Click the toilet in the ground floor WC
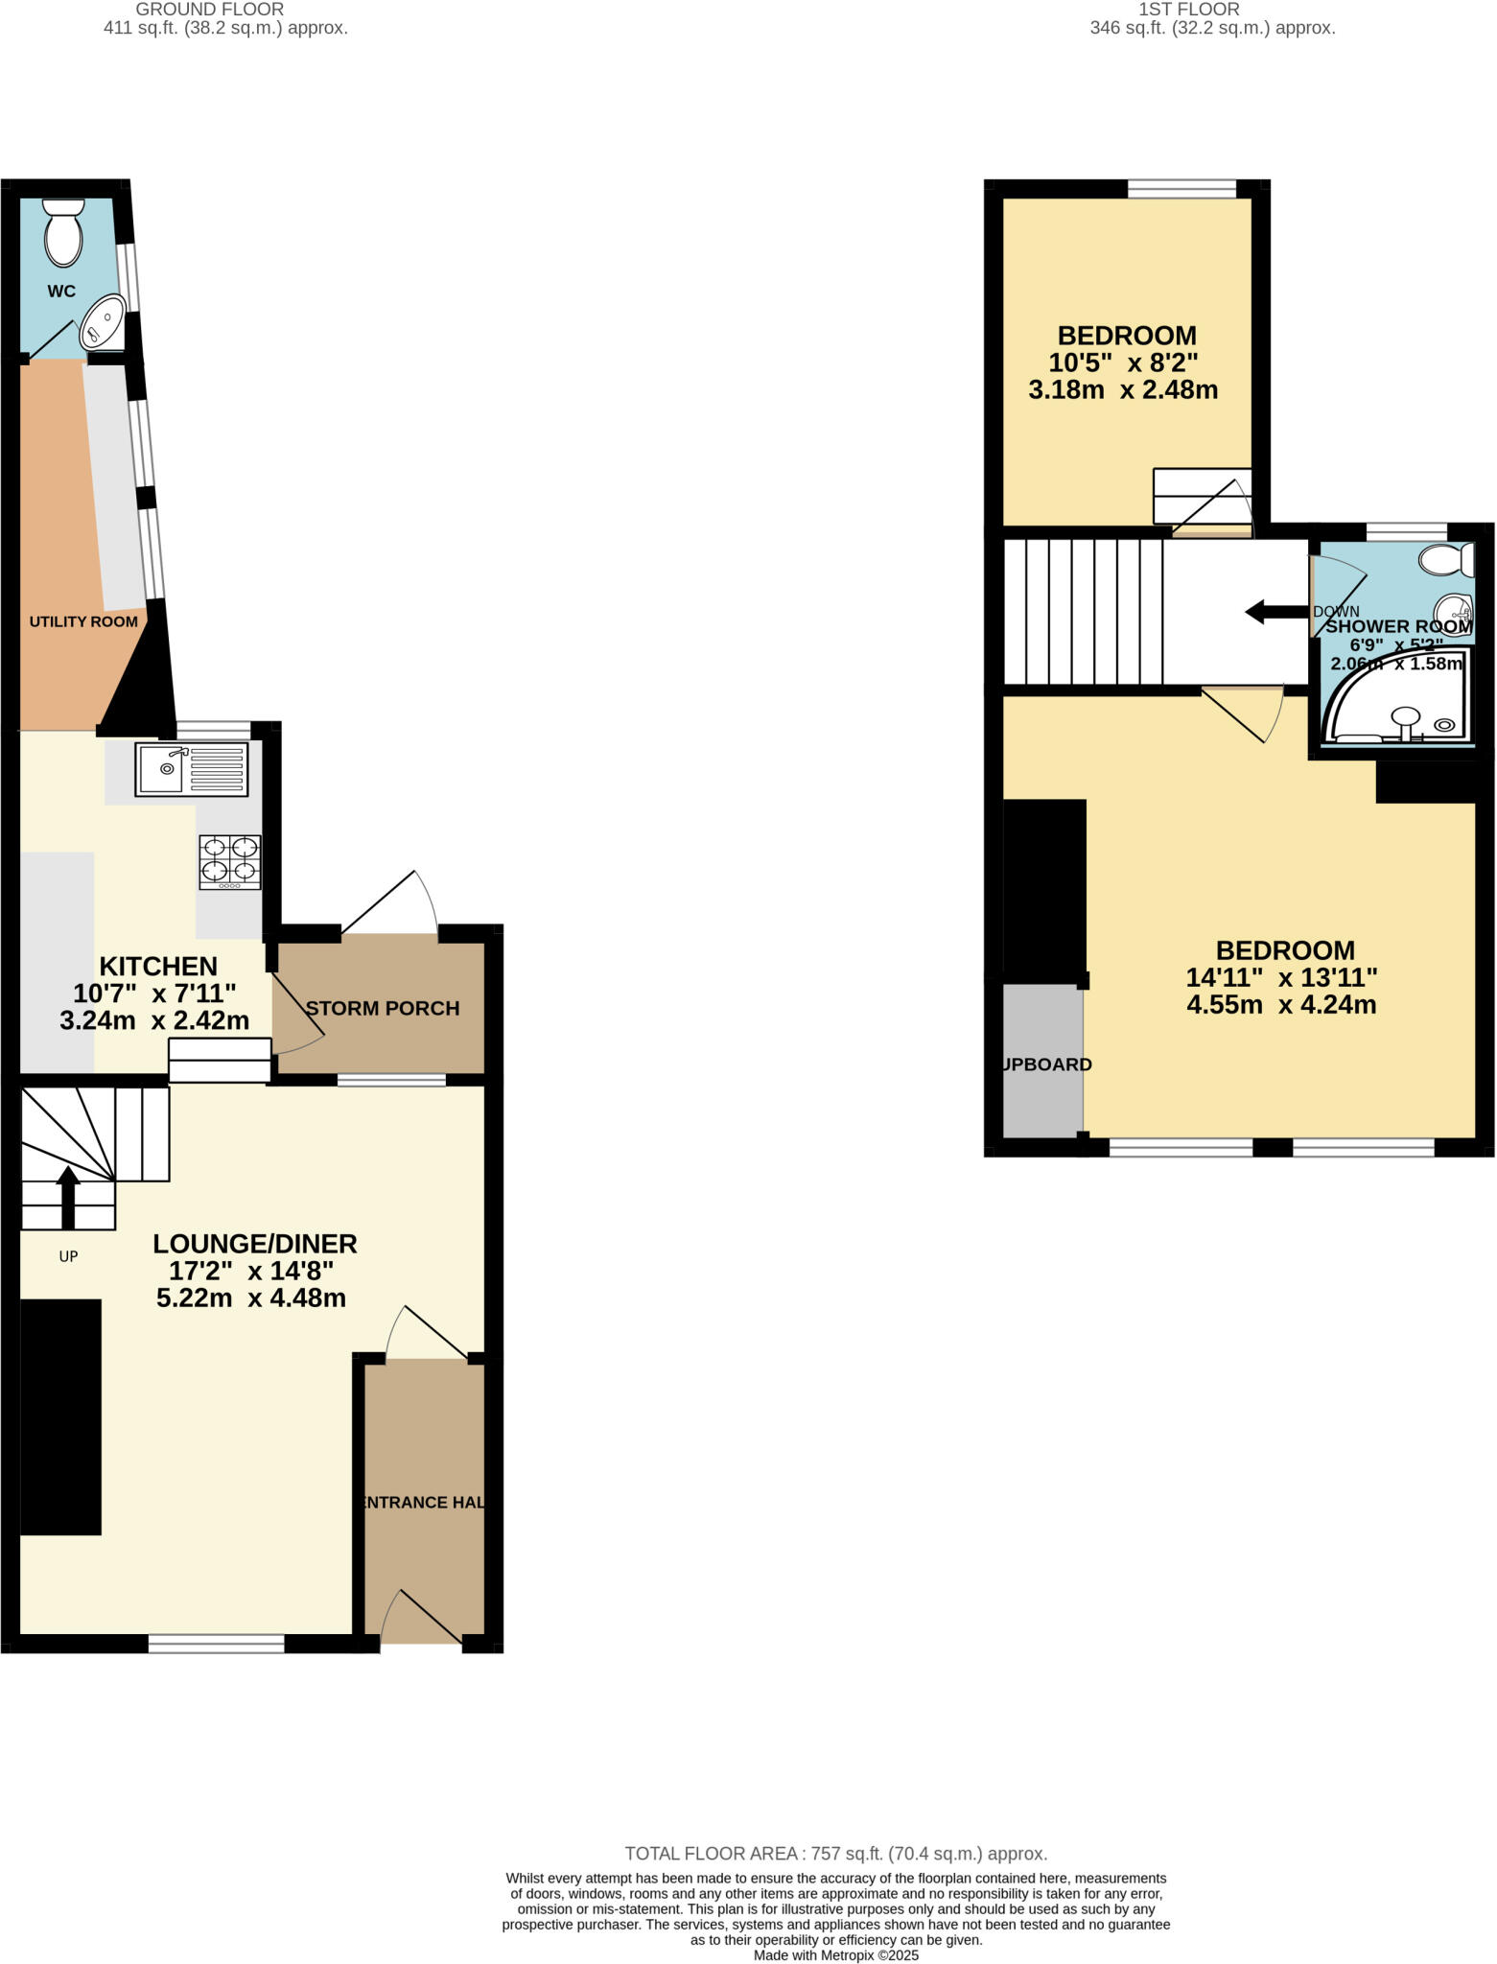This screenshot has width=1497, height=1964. coord(64,233)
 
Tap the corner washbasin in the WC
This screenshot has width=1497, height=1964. coord(103,321)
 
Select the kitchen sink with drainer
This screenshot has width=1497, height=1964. coord(192,768)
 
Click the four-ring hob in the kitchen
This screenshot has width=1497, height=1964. coord(230,861)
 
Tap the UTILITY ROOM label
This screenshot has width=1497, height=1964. coord(83,621)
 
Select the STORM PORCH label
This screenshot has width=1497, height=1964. coord(383,1008)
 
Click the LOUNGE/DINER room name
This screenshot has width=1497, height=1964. coord(255,1244)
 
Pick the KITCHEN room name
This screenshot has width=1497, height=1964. coord(159,966)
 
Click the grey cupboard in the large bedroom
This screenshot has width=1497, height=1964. coord(1043,1061)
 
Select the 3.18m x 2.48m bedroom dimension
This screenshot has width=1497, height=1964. coord(1123,390)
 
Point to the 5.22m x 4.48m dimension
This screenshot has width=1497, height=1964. coord(251,1298)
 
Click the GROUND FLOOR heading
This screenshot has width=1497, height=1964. coord(210,10)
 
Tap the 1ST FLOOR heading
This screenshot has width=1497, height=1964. coord(1189,10)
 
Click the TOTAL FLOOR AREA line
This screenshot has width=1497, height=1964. coord(835,1854)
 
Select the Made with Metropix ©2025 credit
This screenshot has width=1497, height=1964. coord(835,1955)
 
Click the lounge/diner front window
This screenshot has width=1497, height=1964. coord(217,1644)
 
